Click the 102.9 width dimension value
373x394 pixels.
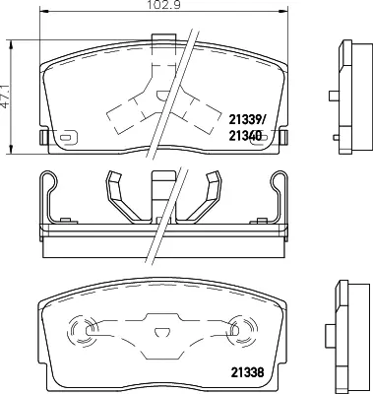pos(163,5)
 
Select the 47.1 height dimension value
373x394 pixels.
pos(5,96)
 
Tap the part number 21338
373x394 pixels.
pos(248,372)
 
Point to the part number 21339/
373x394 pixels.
pos(246,120)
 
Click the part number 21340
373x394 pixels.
pos(245,135)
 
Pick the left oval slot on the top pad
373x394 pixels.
pos(68,138)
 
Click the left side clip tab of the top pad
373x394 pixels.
pos(43,137)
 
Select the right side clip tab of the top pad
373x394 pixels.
pos(284,137)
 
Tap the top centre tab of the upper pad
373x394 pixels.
pos(163,37)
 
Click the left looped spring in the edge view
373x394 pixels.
pos(49,196)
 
